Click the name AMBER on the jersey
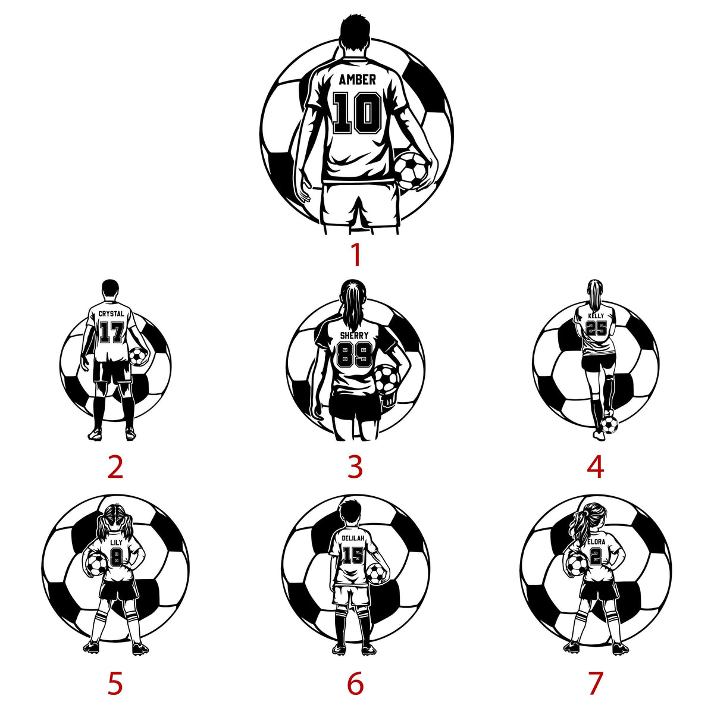click(x=357, y=79)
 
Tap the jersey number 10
click(x=357, y=113)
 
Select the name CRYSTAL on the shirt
click(x=111, y=314)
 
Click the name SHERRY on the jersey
click(x=355, y=336)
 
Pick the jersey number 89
click(x=355, y=354)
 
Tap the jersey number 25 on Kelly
click(x=596, y=328)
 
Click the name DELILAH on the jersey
click(x=353, y=538)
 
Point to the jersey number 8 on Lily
click(x=116, y=557)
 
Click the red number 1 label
click(x=356, y=255)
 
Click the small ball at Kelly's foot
click(x=609, y=425)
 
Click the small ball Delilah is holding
click(x=377, y=572)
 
